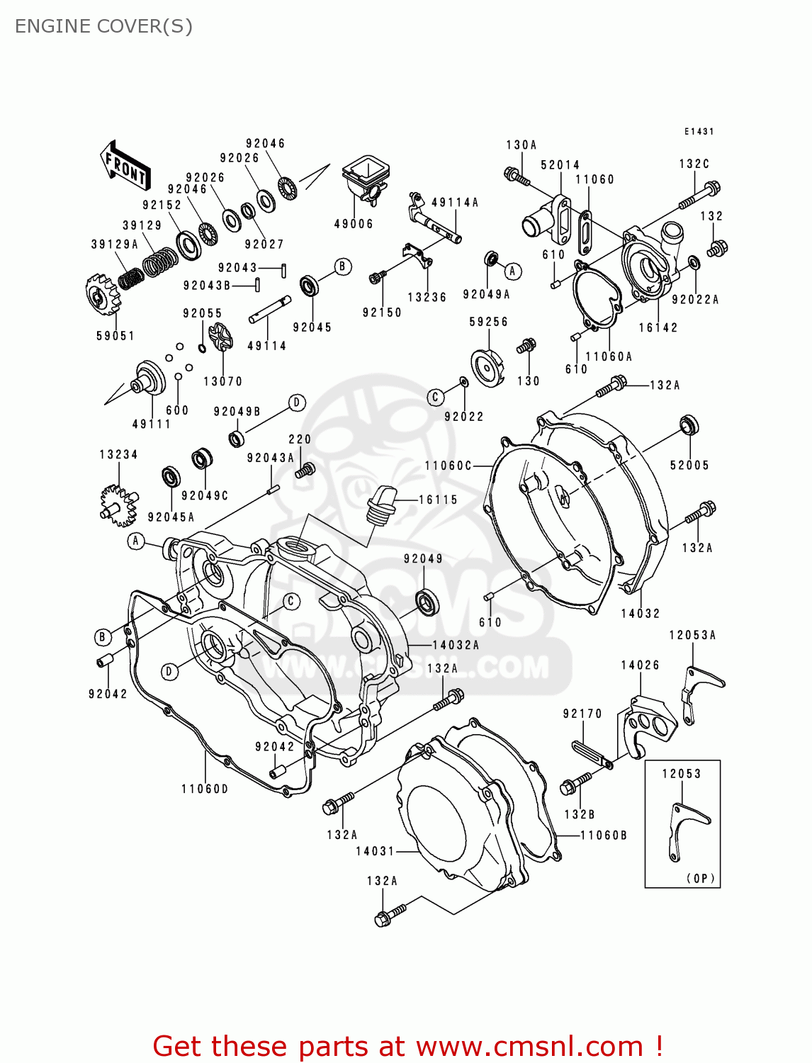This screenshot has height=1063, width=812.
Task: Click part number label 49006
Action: pyautogui.click(x=354, y=224)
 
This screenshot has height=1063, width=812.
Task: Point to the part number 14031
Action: pyautogui.click(x=375, y=851)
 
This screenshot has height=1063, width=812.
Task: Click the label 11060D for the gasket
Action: pyautogui.click(x=205, y=789)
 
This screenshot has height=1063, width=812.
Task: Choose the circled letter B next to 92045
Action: pyautogui.click(x=342, y=267)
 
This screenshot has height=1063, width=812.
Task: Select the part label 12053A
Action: pyautogui.click(x=692, y=635)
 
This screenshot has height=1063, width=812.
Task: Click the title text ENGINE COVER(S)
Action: pyautogui.click(x=103, y=26)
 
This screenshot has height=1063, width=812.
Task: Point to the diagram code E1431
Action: pyautogui.click(x=699, y=132)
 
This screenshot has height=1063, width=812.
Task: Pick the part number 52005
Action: pyautogui.click(x=689, y=465)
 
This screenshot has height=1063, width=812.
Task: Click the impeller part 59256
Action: pyautogui.click(x=488, y=368)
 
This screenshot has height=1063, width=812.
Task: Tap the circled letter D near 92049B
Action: pyautogui.click(x=297, y=403)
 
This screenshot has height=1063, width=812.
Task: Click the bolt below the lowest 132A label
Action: pyautogui.click(x=390, y=914)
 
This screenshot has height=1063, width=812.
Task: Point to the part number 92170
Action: pyautogui.click(x=582, y=714)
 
